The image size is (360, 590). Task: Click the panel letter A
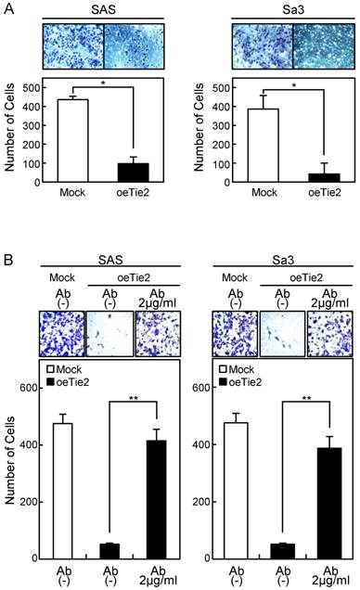[x=8, y=8]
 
